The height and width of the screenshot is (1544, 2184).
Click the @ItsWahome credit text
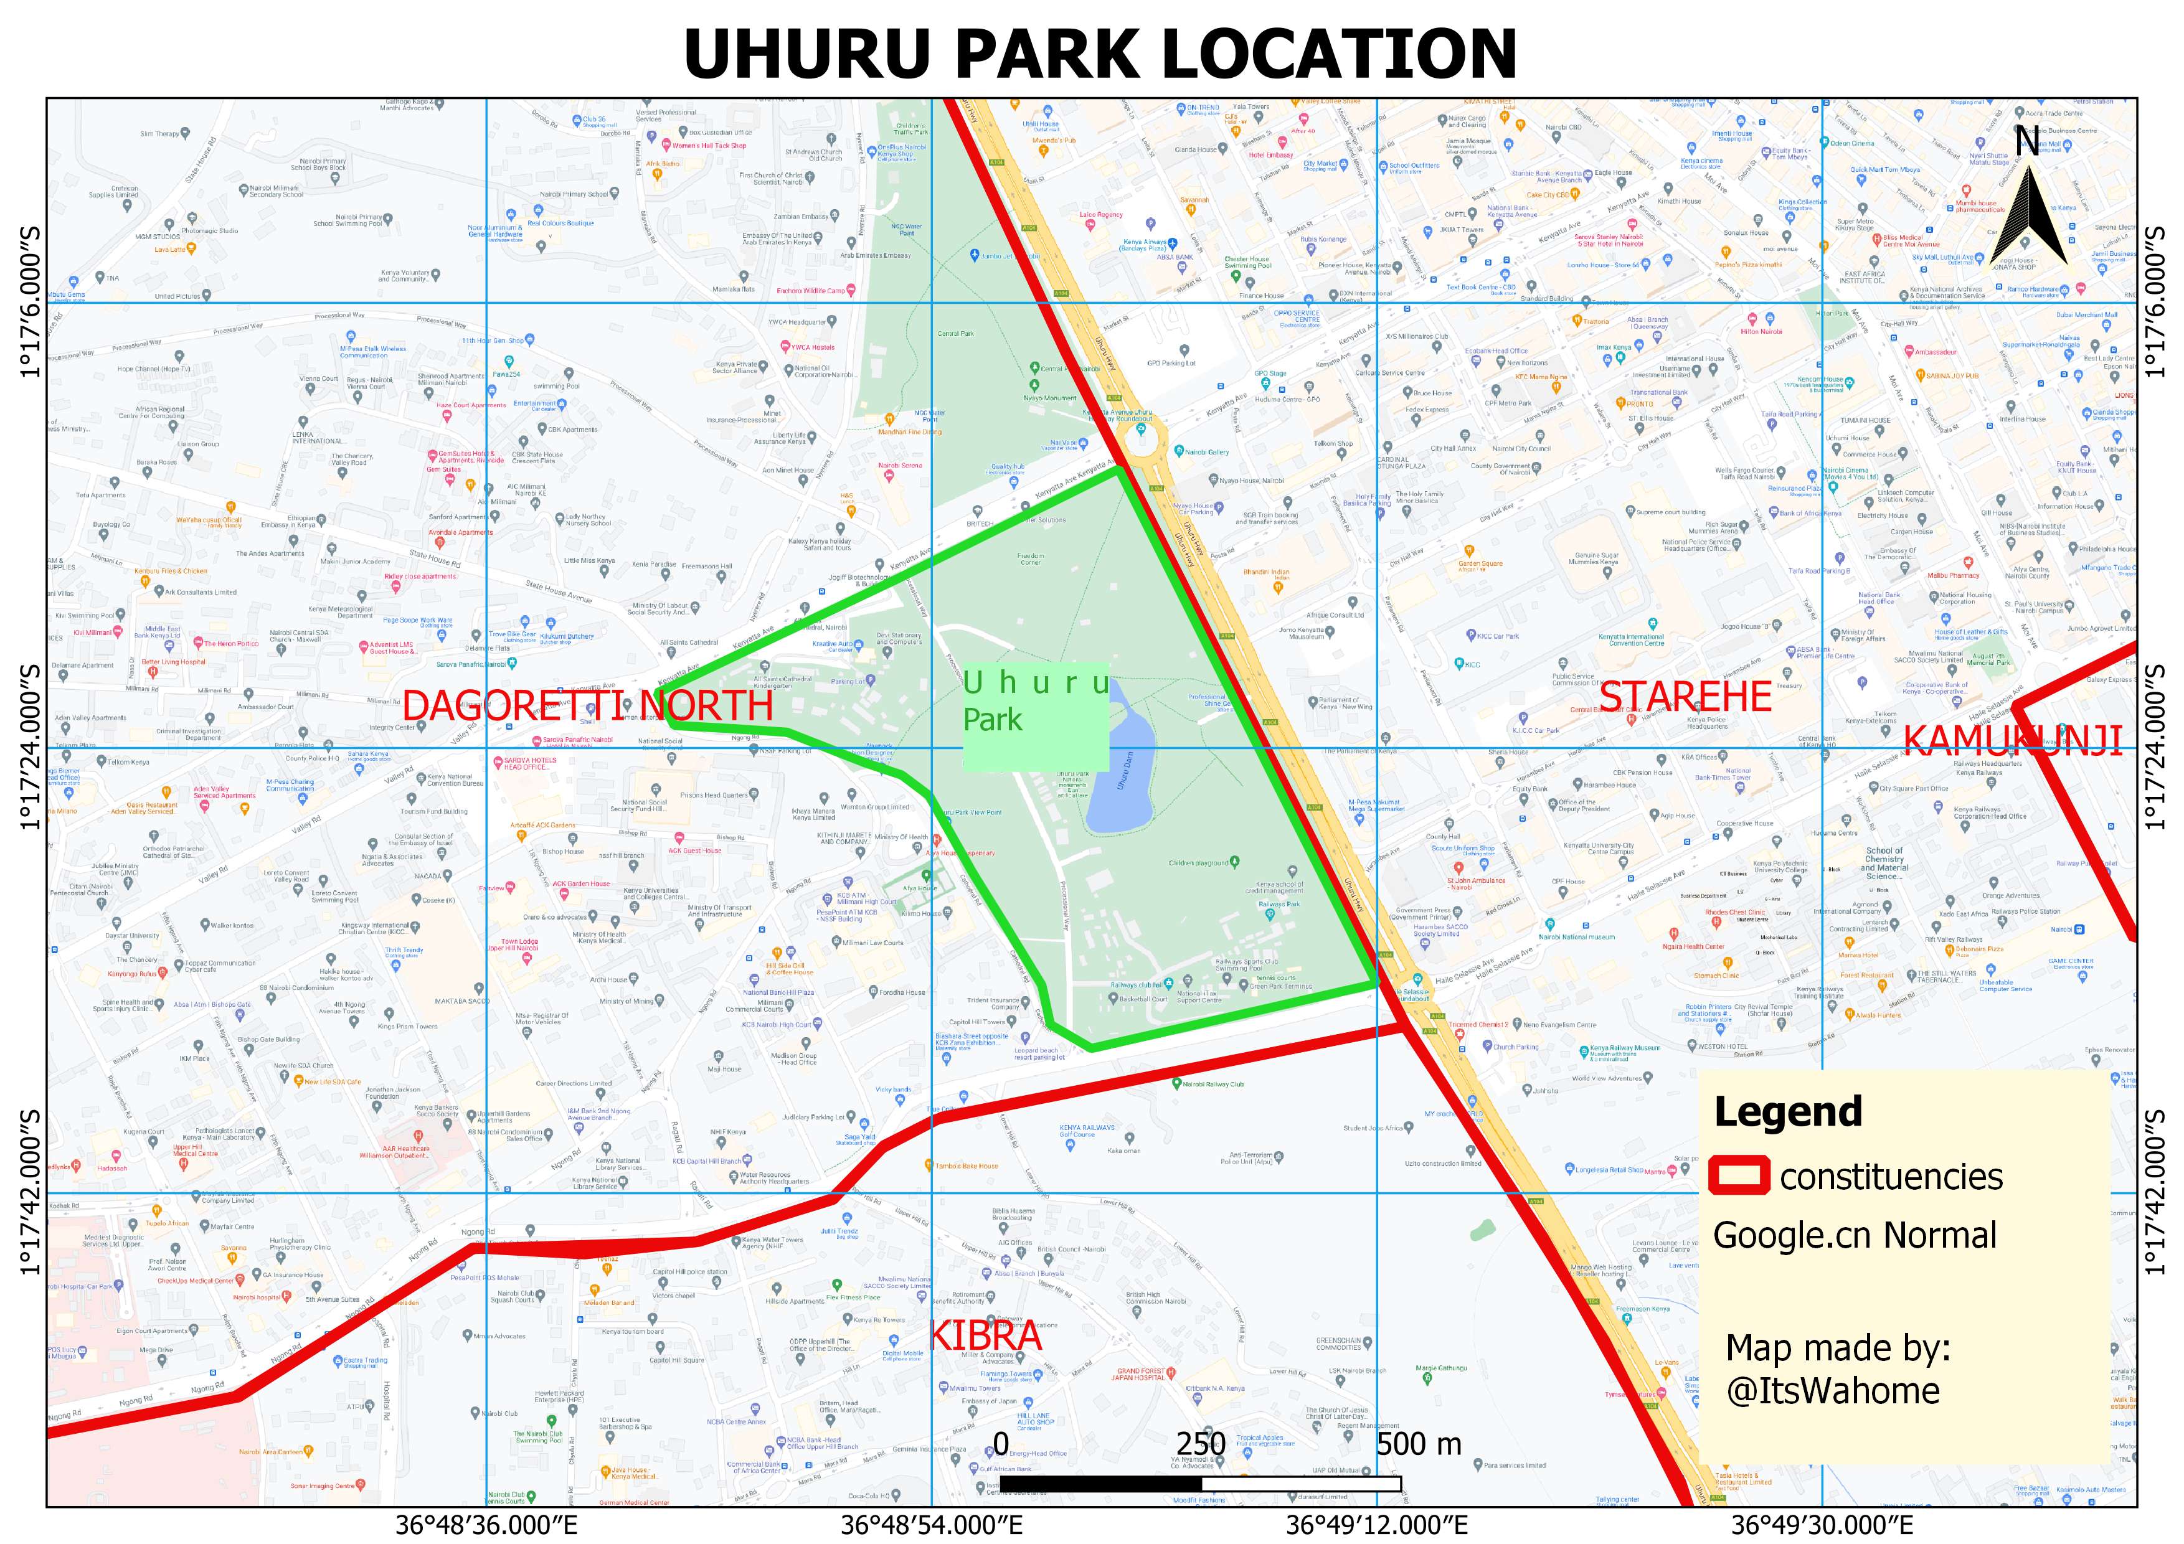click(1832, 1391)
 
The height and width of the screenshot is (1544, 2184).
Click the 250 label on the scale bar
click(1201, 1443)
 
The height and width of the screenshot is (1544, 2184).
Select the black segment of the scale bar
click(1100, 1483)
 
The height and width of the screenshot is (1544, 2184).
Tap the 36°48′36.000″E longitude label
click(486, 1525)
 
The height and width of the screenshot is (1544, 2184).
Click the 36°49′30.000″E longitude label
click(1822, 1525)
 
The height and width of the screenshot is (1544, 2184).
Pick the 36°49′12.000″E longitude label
click(1376, 1525)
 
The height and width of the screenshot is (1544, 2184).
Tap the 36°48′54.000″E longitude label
click(931, 1525)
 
